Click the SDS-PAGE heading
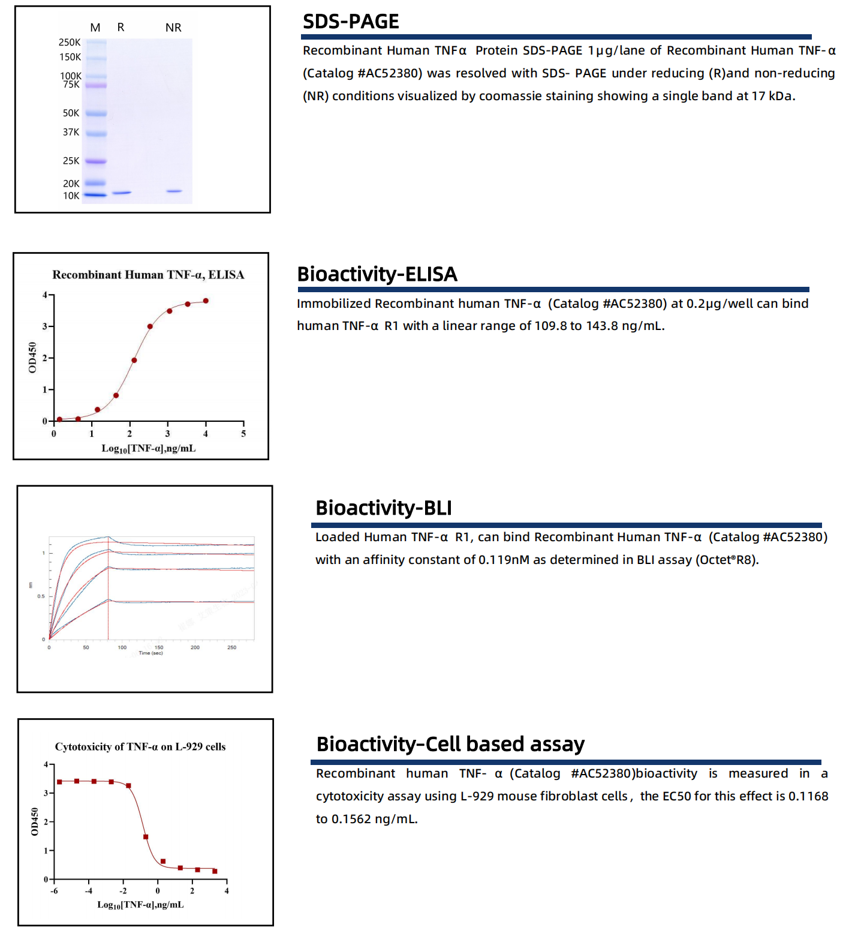click(x=351, y=22)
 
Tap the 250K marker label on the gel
click(x=69, y=42)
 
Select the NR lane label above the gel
click(x=173, y=28)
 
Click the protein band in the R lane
click(x=122, y=193)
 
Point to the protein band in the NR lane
click(x=174, y=191)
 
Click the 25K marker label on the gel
click(x=71, y=161)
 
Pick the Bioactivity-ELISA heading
click(x=377, y=274)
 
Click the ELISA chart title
click(x=148, y=275)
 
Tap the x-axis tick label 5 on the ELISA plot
click(x=243, y=434)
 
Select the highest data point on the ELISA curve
click(x=206, y=301)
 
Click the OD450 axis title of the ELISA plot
click(x=32, y=358)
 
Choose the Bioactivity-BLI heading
click(x=384, y=508)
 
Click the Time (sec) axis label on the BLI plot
click(x=150, y=653)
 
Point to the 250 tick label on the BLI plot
click(x=231, y=647)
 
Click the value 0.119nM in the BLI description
click(x=504, y=560)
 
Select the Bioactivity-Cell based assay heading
click(x=450, y=745)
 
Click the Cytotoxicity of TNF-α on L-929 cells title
click(x=140, y=747)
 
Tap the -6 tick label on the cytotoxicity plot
click(x=54, y=891)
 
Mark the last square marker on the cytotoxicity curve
click(x=215, y=871)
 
